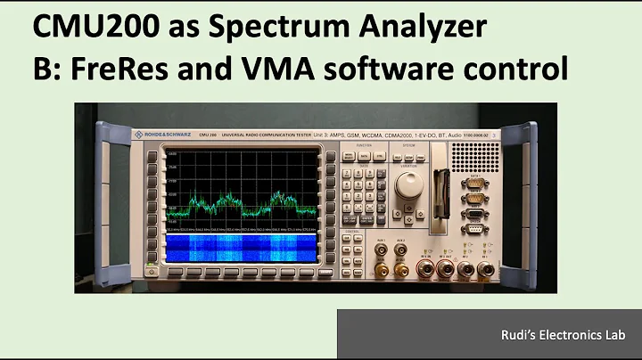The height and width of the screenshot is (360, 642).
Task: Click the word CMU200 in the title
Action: [x=86, y=27]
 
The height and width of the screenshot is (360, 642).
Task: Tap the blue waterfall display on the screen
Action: [x=241, y=250]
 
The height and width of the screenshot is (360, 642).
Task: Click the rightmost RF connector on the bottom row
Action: [x=487, y=269]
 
